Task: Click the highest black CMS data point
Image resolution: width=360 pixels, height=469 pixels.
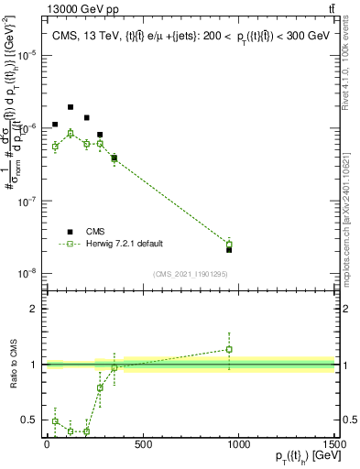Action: (x=71, y=107)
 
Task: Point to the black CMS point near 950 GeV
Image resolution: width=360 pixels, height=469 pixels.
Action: (x=229, y=249)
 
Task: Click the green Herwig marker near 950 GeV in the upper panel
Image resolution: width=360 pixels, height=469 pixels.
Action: (x=229, y=244)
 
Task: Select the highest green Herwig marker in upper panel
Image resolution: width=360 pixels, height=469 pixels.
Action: (x=71, y=133)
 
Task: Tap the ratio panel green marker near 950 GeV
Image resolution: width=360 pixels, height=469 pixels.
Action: (x=229, y=349)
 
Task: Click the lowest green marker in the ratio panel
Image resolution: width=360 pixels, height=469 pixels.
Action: (x=86, y=431)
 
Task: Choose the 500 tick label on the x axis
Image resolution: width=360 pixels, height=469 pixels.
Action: (x=142, y=445)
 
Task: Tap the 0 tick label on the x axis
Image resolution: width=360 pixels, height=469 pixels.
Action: (x=47, y=445)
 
